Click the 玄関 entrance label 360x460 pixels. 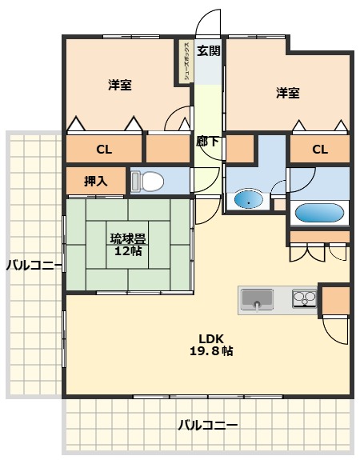pos(208,52)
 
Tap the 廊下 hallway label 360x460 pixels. pos(208,142)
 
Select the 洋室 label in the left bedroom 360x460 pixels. pos(120,85)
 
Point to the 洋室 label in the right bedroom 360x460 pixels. pos(288,94)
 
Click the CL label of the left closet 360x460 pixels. pos(104,150)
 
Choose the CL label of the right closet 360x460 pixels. pos(320,150)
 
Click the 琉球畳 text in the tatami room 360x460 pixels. pos(128,238)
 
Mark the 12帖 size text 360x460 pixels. pos(128,250)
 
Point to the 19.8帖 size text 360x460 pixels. pos(211,350)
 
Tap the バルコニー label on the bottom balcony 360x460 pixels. pos(207,425)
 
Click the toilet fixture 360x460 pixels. pos(146,182)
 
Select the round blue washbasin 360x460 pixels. pos(249,199)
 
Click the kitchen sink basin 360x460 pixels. pos(257,300)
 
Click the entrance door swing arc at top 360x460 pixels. pos(210,20)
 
